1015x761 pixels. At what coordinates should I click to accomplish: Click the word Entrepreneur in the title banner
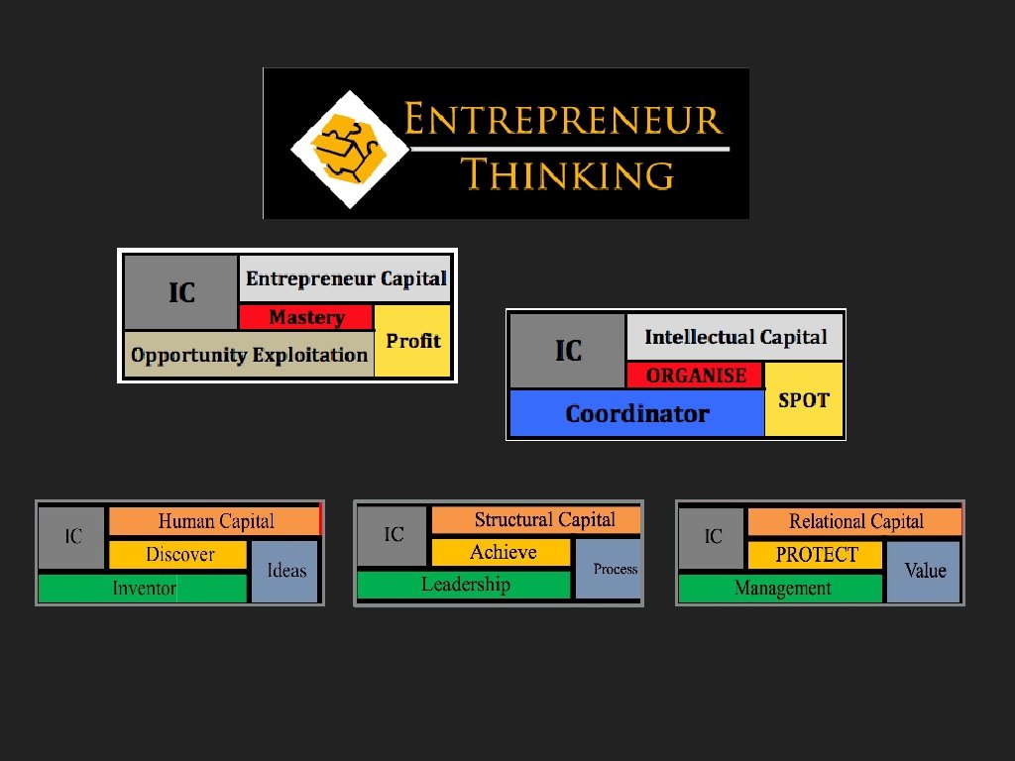click(x=563, y=121)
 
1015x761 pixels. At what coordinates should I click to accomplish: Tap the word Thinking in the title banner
click(x=568, y=174)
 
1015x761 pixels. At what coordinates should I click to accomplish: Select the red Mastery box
click(x=306, y=317)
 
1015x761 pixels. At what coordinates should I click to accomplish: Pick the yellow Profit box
click(x=412, y=341)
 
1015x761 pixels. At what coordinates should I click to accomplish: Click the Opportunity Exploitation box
click(x=249, y=355)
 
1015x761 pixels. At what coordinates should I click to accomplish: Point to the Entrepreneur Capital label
click(x=346, y=279)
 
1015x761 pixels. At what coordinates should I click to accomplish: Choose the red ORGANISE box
click(x=695, y=376)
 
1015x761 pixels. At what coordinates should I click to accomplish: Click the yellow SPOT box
click(x=804, y=400)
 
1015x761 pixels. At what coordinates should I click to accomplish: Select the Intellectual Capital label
click(x=734, y=337)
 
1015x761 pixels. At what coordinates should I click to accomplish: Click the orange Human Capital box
click(x=215, y=521)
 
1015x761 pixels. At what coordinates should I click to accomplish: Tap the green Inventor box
click(x=143, y=589)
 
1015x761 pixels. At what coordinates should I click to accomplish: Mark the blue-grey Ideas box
click(x=285, y=571)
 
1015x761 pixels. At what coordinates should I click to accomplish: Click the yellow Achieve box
click(x=502, y=552)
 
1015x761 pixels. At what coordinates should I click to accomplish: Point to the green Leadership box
click(x=464, y=585)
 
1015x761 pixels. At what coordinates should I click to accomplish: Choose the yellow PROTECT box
click(x=815, y=555)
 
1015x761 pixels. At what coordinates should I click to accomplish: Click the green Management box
click(x=781, y=589)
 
